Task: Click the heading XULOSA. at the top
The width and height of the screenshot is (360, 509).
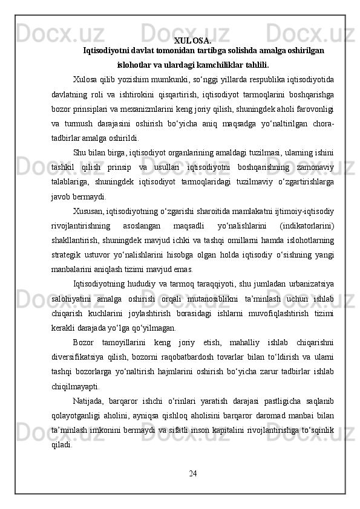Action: point(192,41)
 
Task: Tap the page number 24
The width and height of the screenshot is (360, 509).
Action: point(192,472)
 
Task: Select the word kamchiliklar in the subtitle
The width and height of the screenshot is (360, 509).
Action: point(203,65)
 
